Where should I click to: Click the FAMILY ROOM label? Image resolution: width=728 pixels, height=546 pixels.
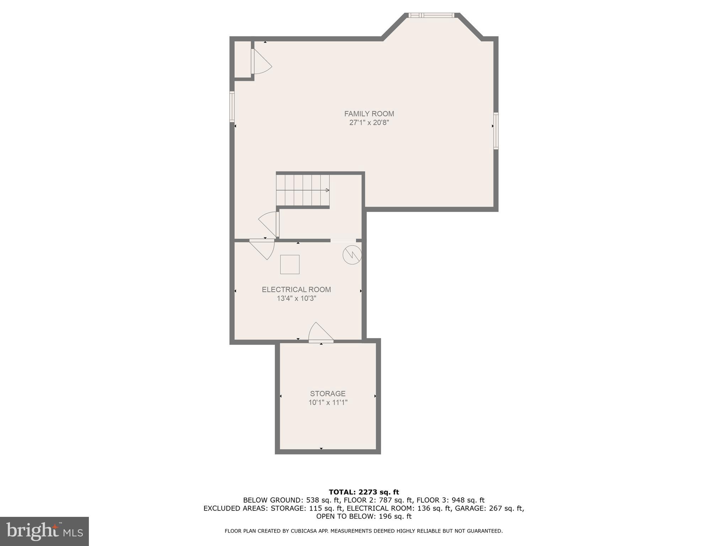click(369, 114)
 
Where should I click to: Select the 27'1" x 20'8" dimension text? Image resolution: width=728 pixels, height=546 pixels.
click(369, 123)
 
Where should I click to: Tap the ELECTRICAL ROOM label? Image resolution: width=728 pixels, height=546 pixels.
click(296, 290)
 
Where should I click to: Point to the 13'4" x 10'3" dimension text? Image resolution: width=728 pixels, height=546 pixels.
click(296, 299)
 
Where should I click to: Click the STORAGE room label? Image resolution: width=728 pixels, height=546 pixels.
click(328, 394)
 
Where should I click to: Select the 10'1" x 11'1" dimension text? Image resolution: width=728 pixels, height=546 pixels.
click(328, 403)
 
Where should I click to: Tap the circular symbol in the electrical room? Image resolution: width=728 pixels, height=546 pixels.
click(352, 255)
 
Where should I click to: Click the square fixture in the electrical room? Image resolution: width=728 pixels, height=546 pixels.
click(290, 264)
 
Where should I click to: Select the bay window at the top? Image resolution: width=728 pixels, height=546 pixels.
click(431, 15)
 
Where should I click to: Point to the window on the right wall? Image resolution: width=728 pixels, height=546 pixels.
click(496, 130)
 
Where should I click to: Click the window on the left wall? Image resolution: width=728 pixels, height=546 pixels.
click(232, 107)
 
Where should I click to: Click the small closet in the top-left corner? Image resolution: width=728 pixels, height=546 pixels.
click(242, 59)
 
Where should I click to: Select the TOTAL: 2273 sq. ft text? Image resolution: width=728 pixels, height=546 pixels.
click(364, 492)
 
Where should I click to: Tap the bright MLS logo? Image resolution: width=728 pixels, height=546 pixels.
click(44, 531)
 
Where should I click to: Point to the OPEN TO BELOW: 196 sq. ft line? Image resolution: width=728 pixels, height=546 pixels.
click(364, 516)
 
